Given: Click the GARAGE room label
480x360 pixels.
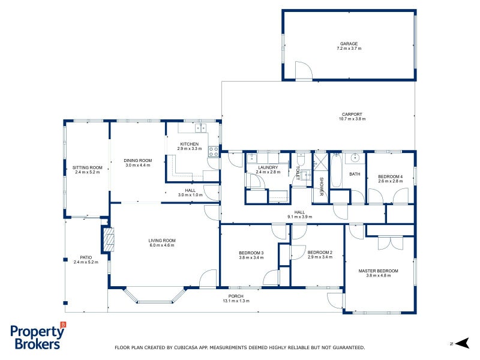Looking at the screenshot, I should click(x=349, y=44).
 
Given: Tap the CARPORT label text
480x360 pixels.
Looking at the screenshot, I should click(x=352, y=114).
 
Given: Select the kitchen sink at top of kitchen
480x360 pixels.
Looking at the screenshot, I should click(x=200, y=127).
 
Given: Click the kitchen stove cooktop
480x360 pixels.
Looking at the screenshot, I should click(x=212, y=151).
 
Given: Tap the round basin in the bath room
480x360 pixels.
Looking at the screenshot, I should click(x=355, y=158).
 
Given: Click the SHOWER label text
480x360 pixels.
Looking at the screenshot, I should click(x=321, y=187).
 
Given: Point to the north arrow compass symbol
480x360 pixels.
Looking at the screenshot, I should click(x=461, y=343).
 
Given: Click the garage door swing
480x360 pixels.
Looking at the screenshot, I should click(x=304, y=71).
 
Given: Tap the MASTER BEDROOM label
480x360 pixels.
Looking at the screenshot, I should click(x=378, y=271).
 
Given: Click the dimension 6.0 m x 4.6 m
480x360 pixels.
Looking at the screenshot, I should click(x=161, y=245).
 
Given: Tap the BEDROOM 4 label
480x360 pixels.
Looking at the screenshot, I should click(x=390, y=176).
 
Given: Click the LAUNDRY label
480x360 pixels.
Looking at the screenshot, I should click(x=268, y=167).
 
